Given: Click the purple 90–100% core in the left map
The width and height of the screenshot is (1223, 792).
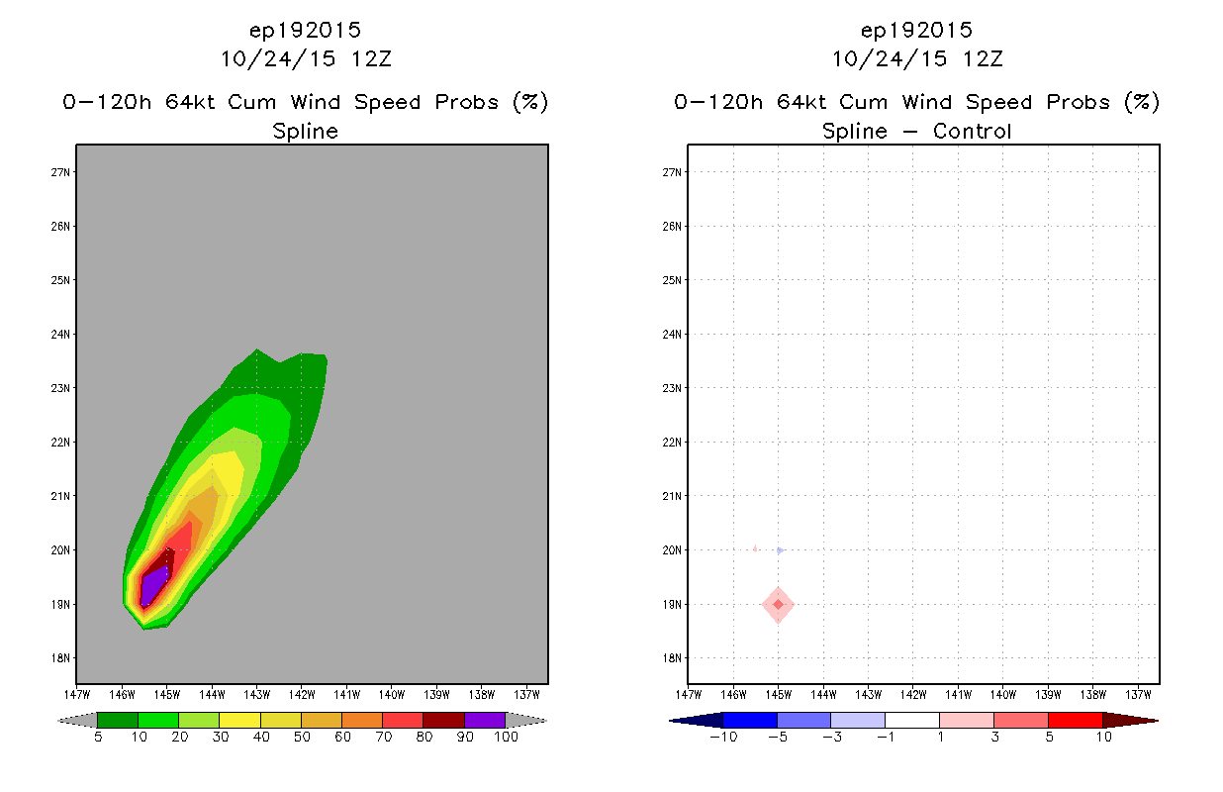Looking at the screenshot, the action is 153,588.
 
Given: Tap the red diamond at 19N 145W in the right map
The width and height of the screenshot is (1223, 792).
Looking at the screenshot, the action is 778,605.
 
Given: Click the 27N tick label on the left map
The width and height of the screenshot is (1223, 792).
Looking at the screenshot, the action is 60,172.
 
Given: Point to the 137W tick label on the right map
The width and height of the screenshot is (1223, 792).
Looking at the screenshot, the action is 1138,695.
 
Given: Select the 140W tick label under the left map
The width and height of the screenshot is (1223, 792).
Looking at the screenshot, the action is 392,695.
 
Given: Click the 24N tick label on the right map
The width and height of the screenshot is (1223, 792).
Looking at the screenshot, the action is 672,335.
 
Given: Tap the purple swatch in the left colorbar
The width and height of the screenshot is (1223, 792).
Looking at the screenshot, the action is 485,720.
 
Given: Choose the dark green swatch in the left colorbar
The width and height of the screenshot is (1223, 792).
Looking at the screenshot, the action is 118,720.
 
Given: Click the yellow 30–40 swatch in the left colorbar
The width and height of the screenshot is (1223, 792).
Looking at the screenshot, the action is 239,720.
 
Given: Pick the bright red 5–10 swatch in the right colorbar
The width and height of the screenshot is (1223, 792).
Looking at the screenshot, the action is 1076,720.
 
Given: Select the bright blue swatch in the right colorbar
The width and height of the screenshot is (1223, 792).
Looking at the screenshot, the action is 750,720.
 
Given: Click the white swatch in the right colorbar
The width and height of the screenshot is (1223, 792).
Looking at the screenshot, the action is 912,720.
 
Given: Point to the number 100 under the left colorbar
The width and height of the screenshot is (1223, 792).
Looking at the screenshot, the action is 507,737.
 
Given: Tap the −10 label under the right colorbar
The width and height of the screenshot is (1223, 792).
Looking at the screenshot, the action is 723,737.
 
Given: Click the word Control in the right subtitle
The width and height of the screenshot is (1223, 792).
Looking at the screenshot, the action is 972,131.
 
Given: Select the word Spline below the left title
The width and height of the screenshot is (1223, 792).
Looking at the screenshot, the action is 305,132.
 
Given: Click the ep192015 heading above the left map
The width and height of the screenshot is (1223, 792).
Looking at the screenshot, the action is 305,31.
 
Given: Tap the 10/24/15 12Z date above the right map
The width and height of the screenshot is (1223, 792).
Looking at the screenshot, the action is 917,59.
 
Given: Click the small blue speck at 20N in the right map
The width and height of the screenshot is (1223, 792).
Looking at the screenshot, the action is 781,550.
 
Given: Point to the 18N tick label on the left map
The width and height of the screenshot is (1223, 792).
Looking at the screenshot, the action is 60,658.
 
